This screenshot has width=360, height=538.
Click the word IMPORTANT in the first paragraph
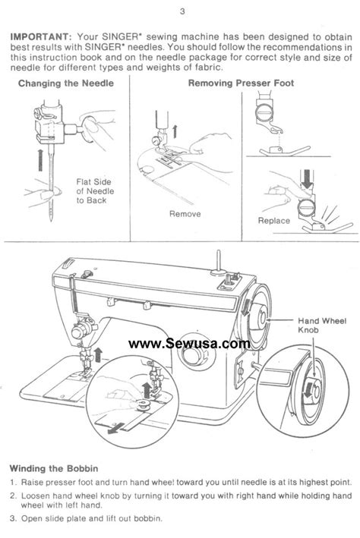tap(39, 35)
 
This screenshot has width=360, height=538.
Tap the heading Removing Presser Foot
tap(241, 83)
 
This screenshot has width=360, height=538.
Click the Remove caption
tap(185, 214)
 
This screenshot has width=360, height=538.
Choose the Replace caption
tap(273, 221)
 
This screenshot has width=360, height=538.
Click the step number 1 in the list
tap(14, 482)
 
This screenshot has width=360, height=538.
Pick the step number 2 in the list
tap(14, 494)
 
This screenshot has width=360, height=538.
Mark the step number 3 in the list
tap(14, 518)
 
